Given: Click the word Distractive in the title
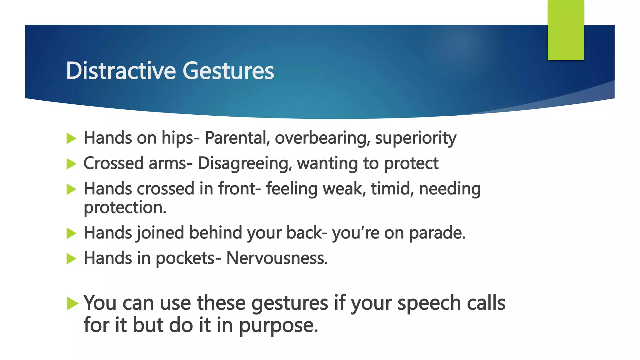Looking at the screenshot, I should click(x=121, y=71).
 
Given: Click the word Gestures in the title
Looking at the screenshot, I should click(x=228, y=71).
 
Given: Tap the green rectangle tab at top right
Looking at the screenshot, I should click(x=566, y=30).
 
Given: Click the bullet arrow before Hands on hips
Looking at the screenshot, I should click(x=72, y=138).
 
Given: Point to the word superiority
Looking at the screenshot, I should click(x=416, y=138).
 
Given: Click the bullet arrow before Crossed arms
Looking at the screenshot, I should click(x=72, y=164).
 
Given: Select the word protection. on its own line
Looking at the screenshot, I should click(x=125, y=208).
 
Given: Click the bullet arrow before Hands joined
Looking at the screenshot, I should click(x=72, y=233).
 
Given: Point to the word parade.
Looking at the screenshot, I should click(x=437, y=233).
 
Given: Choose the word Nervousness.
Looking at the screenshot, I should click(x=277, y=258).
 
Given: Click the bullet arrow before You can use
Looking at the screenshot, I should click(x=72, y=303).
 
